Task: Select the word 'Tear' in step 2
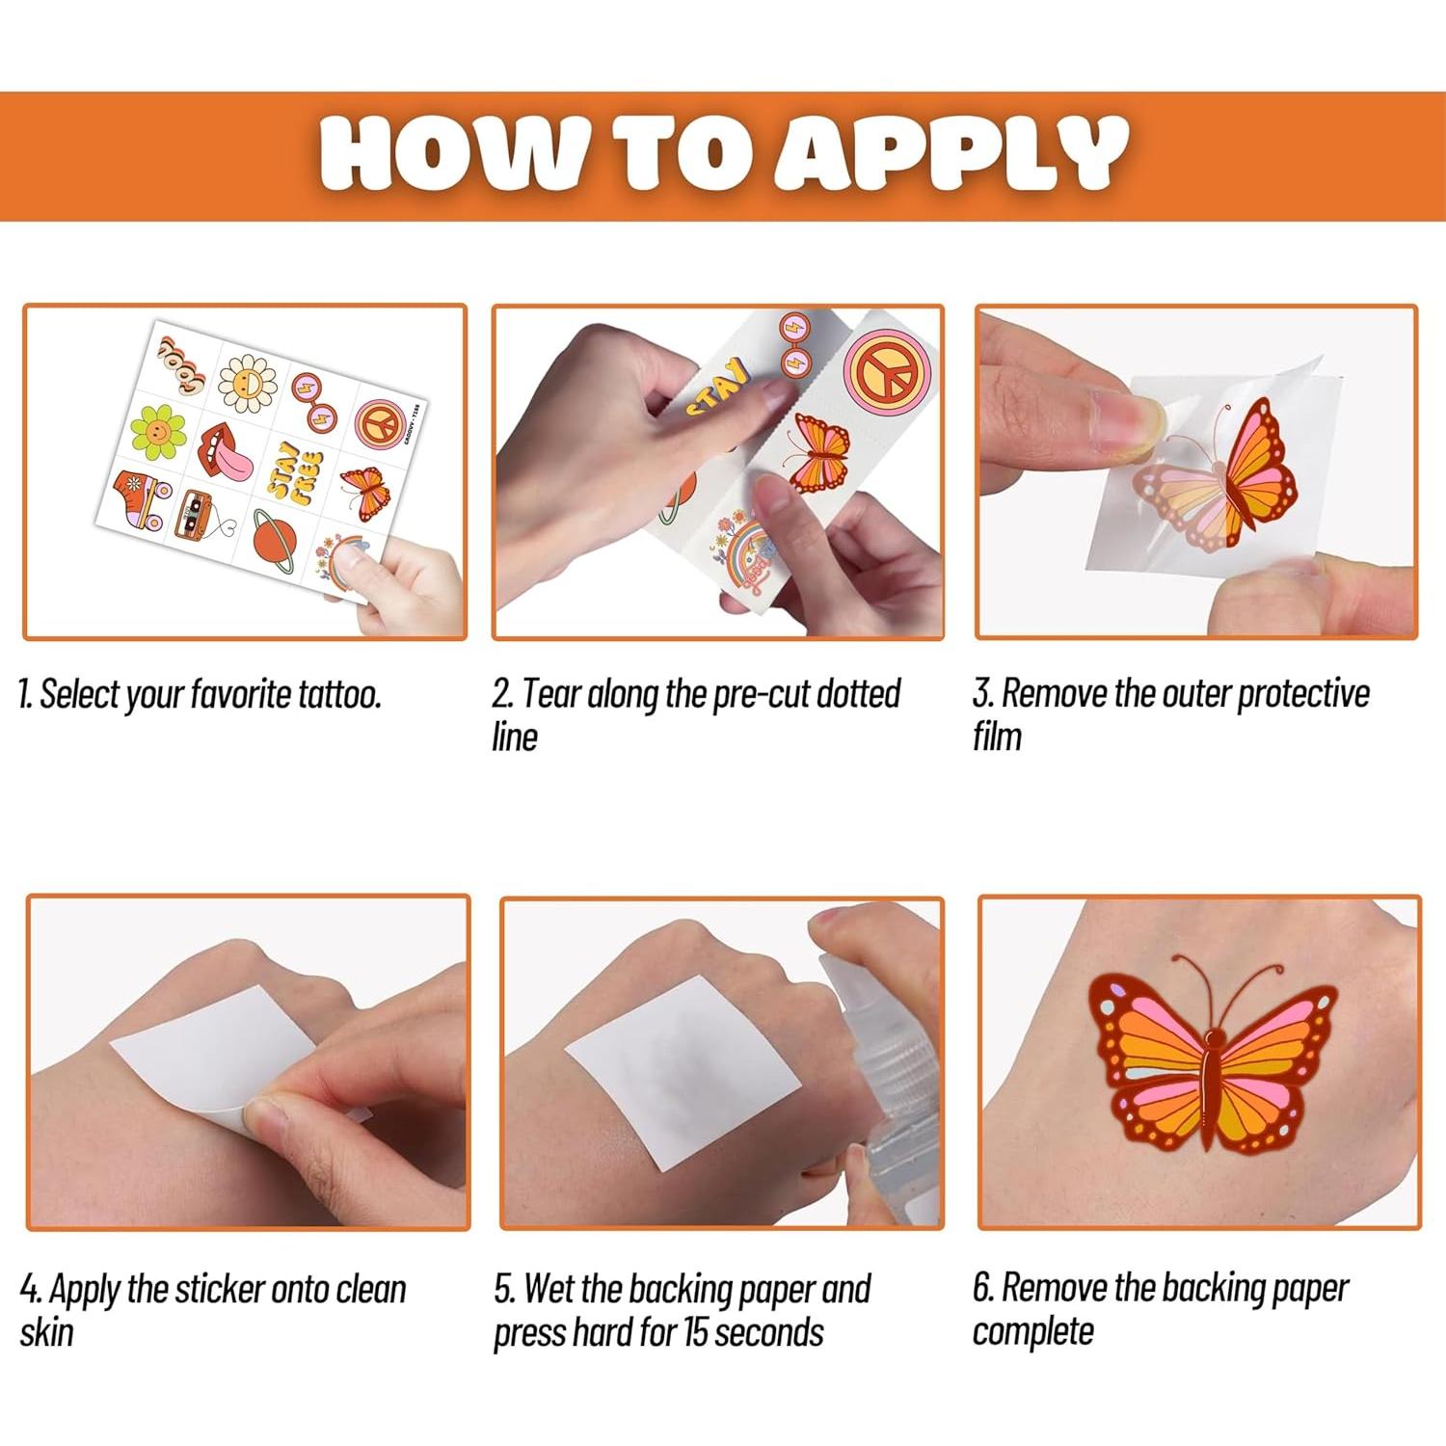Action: [551, 693]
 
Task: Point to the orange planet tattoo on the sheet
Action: [276, 538]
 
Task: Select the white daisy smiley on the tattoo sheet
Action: [247, 383]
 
